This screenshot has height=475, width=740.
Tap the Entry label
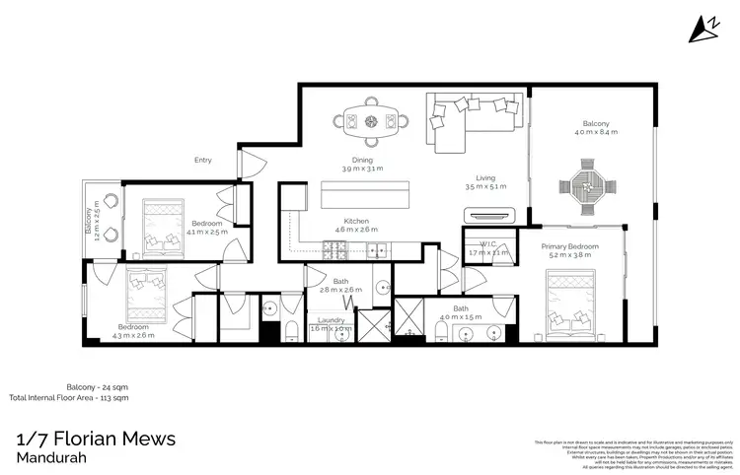click(x=203, y=160)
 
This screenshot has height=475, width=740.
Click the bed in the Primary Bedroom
click(x=575, y=302)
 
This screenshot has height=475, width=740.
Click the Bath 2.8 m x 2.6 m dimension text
click(x=340, y=290)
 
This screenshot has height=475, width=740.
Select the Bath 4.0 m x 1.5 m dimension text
click(x=461, y=317)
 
